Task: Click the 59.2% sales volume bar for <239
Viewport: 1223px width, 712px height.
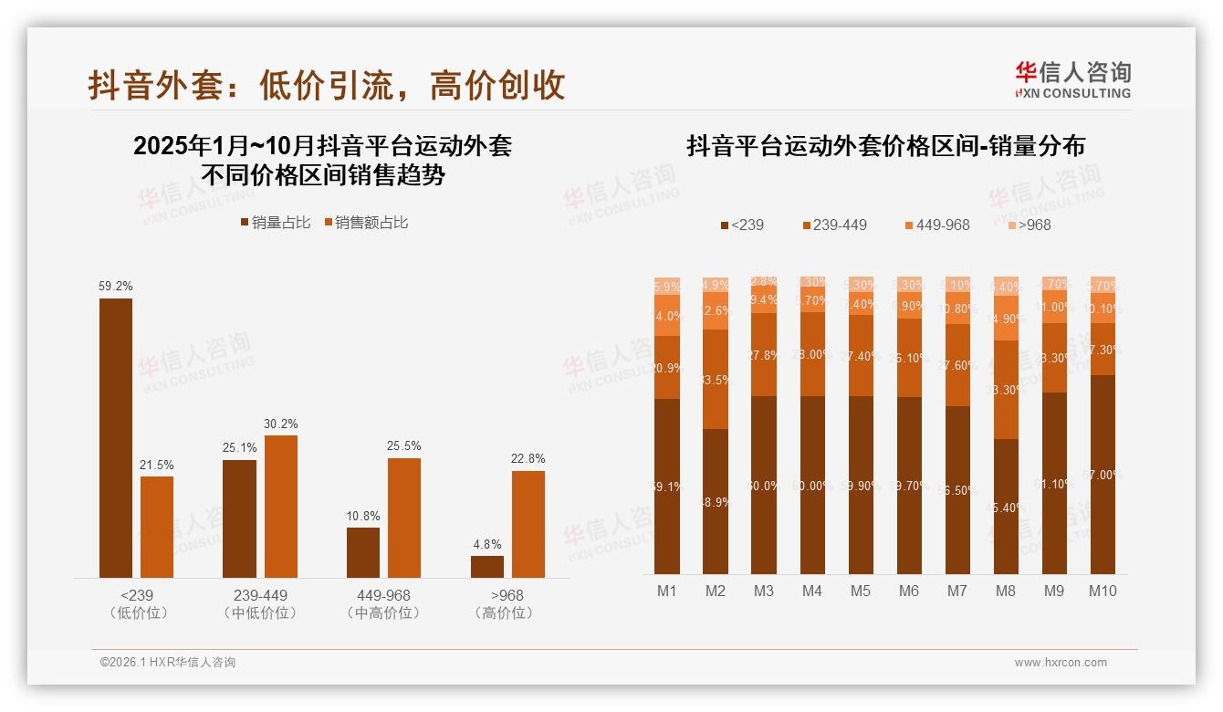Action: click(x=116, y=438)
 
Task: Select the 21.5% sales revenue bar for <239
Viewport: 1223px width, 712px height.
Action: click(x=157, y=527)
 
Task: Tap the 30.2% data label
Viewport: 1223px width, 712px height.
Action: click(x=281, y=424)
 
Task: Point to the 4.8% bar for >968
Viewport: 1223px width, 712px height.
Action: click(x=487, y=566)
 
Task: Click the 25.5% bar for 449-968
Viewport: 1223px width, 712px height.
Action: click(x=404, y=518)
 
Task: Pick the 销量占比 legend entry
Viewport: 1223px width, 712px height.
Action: click(x=276, y=222)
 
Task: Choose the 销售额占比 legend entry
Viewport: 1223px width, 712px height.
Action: click(x=366, y=222)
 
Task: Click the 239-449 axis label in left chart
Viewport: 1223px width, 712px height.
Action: click(x=260, y=595)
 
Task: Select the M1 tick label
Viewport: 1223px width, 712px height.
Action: click(x=667, y=591)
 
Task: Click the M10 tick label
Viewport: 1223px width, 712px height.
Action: click(x=1103, y=591)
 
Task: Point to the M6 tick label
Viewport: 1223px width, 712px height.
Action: click(x=909, y=591)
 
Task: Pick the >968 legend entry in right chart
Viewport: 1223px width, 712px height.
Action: click(x=1027, y=225)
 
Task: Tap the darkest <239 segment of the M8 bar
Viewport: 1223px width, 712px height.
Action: click(x=1006, y=507)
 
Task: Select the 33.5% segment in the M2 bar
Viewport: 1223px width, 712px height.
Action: click(x=716, y=379)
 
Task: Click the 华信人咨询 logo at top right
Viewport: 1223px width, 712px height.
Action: click(x=1073, y=79)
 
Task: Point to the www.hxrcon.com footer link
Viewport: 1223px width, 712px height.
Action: click(x=1061, y=663)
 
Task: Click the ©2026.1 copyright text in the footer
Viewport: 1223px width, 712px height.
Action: click(x=168, y=663)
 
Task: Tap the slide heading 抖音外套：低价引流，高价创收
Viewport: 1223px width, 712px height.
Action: click(x=327, y=85)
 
